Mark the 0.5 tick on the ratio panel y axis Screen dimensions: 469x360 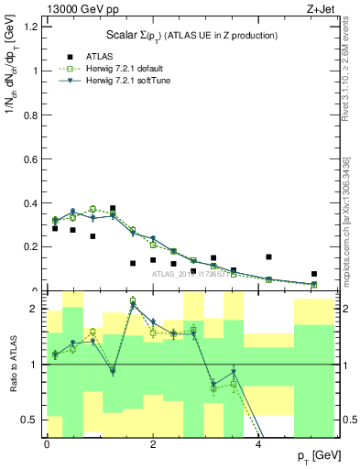[x=33, y=420]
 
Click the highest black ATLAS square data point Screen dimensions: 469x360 [x=113, y=209]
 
